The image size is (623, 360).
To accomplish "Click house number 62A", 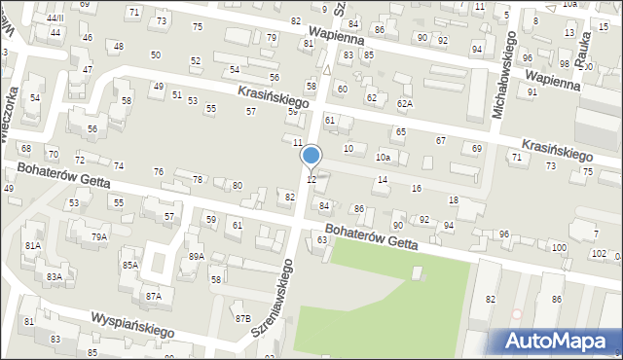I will pyautogui.click(x=405, y=103).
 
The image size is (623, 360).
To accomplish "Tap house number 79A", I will pyautogui.click(x=99, y=236).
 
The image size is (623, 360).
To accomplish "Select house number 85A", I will pyautogui.click(x=129, y=265).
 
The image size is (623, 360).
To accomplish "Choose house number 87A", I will pyautogui.click(x=153, y=296).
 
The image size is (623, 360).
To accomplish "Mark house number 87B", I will pyautogui.click(x=242, y=318).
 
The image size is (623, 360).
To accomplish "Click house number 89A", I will pyautogui.click(x=196, y=256).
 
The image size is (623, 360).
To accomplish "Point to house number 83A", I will pyautogui.click(x=54, y=277).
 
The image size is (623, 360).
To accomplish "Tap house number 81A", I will pyautogui.click(x=33, y=246).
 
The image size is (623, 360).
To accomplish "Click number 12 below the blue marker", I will pyautogui.click(x=311, y=180).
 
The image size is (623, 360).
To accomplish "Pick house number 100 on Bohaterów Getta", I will pyautogui.click(x=558, y=248).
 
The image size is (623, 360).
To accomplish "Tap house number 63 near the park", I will pyautogui.click(x=321, y=239).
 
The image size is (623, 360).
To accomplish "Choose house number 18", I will pyautogui.click(x=453, y=200).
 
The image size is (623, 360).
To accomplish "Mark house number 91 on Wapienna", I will pyautogui.click(x=532, y=91).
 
